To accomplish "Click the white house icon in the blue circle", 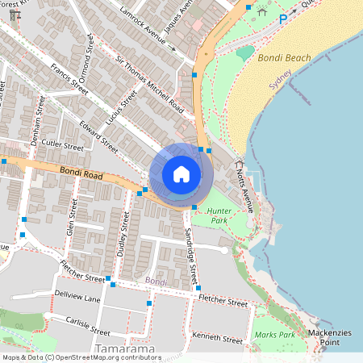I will (181, 173).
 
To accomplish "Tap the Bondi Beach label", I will (284, 58).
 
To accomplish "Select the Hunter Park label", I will (219, 215).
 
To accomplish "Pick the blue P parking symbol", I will (283, 19).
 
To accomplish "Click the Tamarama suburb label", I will (125, 349).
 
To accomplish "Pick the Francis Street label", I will (69, 77).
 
